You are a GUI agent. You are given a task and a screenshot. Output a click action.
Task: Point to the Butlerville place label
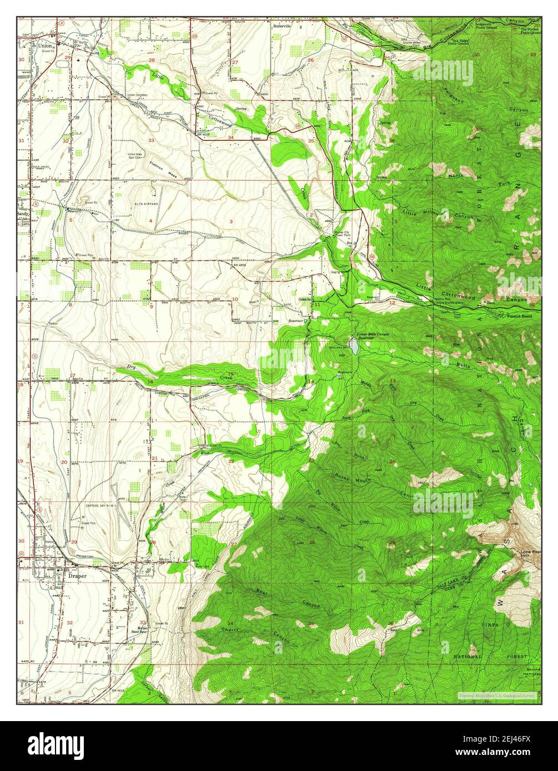pos(281,26)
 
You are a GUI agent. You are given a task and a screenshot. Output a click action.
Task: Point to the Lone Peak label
pos(530,553)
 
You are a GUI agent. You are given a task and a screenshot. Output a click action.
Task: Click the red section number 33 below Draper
pos(143,622)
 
